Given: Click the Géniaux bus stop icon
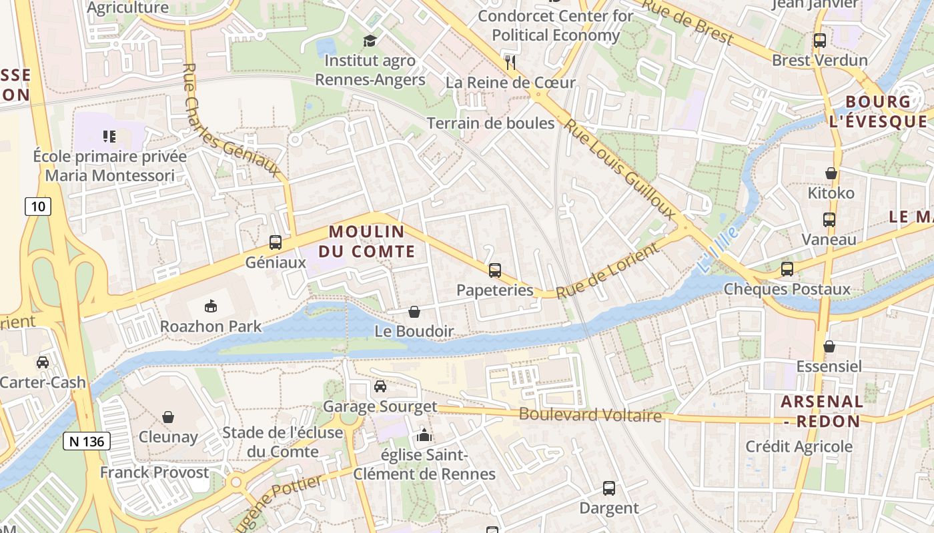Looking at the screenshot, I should tap(276, 243).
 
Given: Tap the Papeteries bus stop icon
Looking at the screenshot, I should tap(495, 270).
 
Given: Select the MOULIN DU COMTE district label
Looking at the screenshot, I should tap(367, 242).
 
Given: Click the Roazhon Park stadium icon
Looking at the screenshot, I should tap(211, 306).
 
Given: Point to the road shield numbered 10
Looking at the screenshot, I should tap(38, 207).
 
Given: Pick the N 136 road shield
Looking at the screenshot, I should tap(87, 440).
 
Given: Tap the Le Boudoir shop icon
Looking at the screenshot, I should tap(414, 312).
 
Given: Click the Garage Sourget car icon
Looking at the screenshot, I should tap(380, 386).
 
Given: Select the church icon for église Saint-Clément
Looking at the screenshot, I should tap(424, 436).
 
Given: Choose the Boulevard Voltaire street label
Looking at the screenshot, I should tap(590, 415).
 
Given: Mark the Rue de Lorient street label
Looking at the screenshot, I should tap(607, 272).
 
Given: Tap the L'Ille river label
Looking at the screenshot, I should tap(719, 249).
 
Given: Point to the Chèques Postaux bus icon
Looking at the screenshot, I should tap(787, 269).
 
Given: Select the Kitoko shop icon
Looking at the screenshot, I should tap(831, 173).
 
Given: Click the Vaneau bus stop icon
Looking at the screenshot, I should tap(829, 220).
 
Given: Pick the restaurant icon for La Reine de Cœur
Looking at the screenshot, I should tap(511, 63).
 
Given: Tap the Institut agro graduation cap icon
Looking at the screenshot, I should tap(370, 41).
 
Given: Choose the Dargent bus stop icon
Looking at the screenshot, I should tap(609, 488).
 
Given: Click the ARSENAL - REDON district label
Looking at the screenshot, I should tap(822, 412).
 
